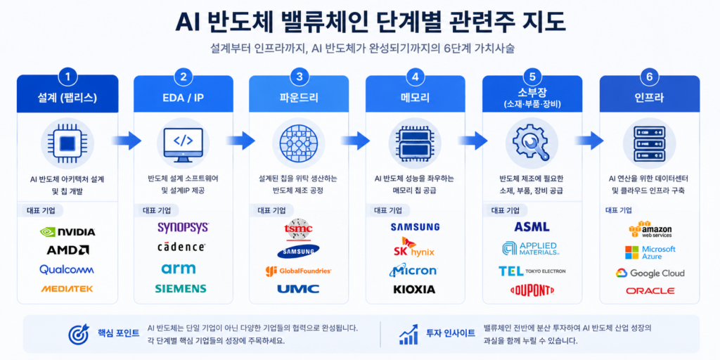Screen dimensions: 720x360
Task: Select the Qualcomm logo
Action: coord(67,269)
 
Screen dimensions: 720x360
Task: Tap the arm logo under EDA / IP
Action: coord(179,268)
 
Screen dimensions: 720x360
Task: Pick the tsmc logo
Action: coord(300,229)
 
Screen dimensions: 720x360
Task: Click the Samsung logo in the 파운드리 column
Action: coord(298,251)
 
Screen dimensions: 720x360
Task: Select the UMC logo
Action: coord(298,289)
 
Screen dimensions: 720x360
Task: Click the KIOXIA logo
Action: coord(414,289)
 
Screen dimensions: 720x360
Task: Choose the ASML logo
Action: coord(532,227)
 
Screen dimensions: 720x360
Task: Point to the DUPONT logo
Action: coord(532,290)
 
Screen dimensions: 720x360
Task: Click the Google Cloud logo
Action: coord(650,274)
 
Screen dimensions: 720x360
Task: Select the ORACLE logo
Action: coord(650,290)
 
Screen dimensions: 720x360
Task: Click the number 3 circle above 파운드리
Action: coord(300,77)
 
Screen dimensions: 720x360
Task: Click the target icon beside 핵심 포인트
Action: coord(79,335)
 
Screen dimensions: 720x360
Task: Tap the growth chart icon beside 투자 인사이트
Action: coord(409,334)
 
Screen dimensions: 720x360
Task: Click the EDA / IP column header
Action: coord(184,97)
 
